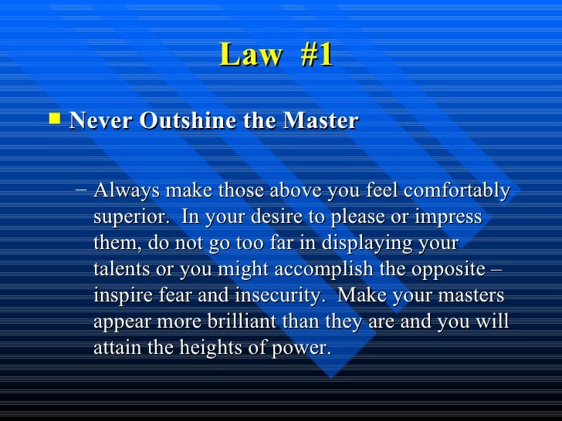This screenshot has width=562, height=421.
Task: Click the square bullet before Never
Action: [x=53, y=120]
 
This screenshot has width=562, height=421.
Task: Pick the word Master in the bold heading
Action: [x=321, y=121]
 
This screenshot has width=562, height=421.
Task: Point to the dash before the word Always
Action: [x=82, y=190]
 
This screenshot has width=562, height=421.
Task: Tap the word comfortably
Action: [x=460, y=190]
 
